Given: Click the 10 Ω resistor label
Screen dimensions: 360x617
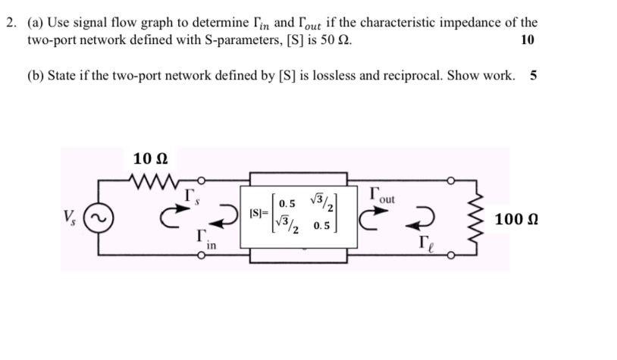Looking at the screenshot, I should tap(150, 159).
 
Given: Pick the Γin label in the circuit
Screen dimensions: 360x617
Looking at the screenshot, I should tap(206, 239).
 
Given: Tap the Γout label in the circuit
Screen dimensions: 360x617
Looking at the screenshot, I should tap(382, 195).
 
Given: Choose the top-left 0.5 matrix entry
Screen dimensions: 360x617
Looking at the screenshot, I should tap(287, 204).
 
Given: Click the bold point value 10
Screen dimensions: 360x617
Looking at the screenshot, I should tap(528, 39).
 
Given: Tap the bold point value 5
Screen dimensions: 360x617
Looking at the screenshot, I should tap(534, 75).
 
